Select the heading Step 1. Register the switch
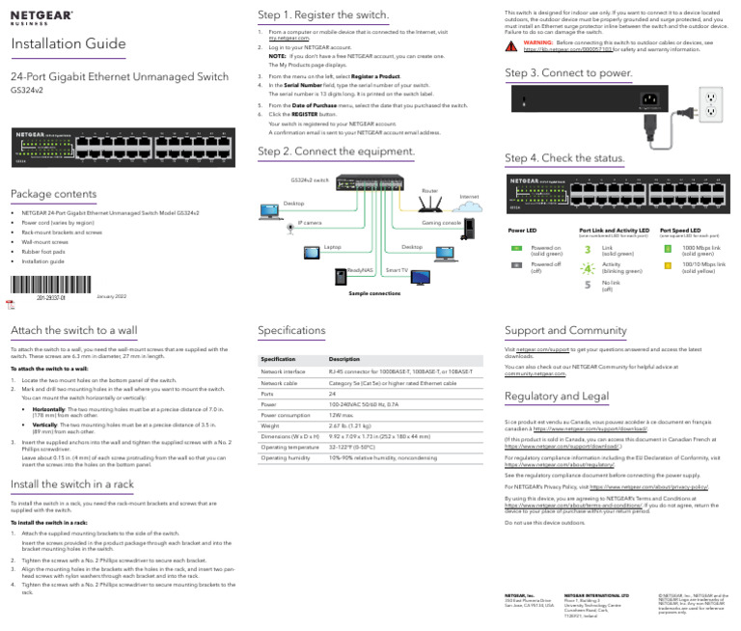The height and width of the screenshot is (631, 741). coord(323,15)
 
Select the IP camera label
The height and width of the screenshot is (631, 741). coord(310,223)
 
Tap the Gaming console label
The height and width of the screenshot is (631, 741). coord(442,222)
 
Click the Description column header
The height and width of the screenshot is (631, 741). coord(344,359)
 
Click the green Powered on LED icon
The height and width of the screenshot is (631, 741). coord(515,248)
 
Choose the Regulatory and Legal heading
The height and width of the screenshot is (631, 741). coord(557,397)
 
